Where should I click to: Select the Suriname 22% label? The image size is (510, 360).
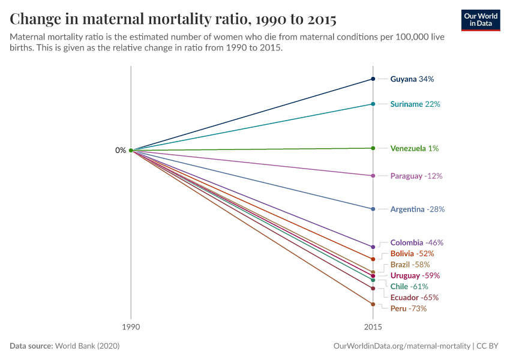pos(415,104)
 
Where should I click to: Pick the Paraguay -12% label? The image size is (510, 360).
pos(416,176)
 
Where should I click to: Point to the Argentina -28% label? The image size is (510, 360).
pos(418,209)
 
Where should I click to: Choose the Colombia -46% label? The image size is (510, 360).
pos(416,243)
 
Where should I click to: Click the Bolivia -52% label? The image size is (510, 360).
pos(412,254)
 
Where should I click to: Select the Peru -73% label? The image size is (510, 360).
pos(408,309)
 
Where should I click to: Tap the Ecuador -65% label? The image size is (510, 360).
pos(414,298)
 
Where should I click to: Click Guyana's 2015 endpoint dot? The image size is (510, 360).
pos(373,79)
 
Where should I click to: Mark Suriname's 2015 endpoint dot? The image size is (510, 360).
pos(373,104)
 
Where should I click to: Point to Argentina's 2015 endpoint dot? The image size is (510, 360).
pos(373,209)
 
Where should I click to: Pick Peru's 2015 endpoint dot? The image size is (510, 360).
pos(373,304)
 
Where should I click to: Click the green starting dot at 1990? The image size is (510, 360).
pos(131,151)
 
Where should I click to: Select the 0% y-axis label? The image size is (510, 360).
pos(121,151)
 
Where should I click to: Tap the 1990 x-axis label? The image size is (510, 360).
pos(131,328)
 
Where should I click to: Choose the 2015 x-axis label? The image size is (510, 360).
pos(373,328)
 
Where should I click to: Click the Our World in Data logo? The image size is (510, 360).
pos(481,20)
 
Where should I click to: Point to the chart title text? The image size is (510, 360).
pos(173,19)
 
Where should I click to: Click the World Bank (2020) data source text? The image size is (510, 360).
pos(91,346)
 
